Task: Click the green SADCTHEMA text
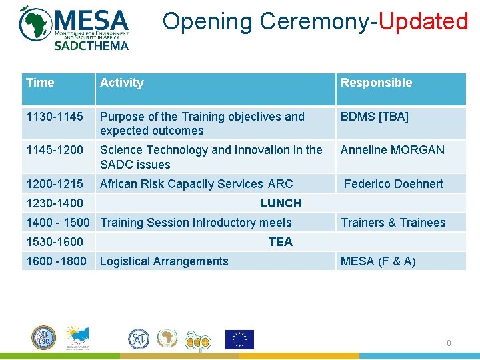pyautogui.click(x=91, y=45)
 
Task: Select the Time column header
pyautogui.click(x=40, y=83)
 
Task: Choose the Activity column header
pyautogui.click(x=121, y=83)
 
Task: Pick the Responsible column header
pyautogui.click(x=376, y=83)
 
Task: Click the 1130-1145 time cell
pyautogui.click(x=55, y=117)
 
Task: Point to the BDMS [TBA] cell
pyautogui.click(x=374, y=117)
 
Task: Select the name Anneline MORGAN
pyautogui.click(x=392, y=150)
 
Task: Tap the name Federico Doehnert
pyautogui.click(x=393, y=184)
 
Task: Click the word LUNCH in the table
pyautogui.click(x=281, y=203)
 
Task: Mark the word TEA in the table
pyautogui.click(x=281, y=242)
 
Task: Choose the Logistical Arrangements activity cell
pyautogui.click(x=164, y=261)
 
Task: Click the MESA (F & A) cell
pyautogui.click(x=378, y=261)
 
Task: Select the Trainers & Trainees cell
pyautogui.click(x=393, y=223)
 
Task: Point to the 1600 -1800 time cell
pyautogui.click(x=56, y=261)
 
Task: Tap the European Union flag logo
pyautogui.click(x=239, y=339)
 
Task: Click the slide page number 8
pyautogui.click(x=449, y=343)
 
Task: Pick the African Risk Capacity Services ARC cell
pyautogui.click(x=196, y=184)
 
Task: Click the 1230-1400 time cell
pyautogui.click(x=55, y=203)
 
